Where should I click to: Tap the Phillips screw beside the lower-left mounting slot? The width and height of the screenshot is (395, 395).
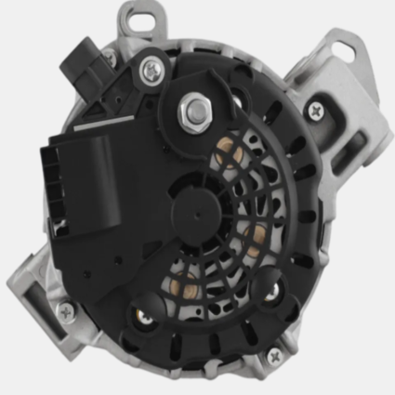67,311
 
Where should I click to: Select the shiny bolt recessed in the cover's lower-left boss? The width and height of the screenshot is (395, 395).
147,318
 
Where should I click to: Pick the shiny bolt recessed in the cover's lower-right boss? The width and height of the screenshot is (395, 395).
270,295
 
